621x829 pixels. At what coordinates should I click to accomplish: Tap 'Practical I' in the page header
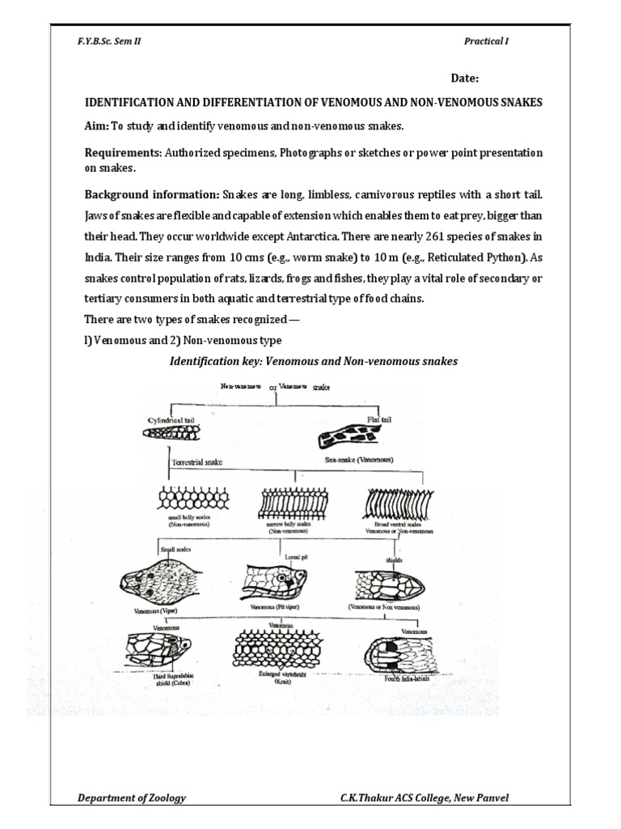[486, 41]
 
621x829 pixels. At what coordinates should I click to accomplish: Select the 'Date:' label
[465, 79]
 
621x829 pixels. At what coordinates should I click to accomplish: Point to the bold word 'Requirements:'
[123, 152]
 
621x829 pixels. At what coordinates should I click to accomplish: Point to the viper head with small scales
[153, 580]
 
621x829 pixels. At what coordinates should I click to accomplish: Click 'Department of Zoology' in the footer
[131, 797]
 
